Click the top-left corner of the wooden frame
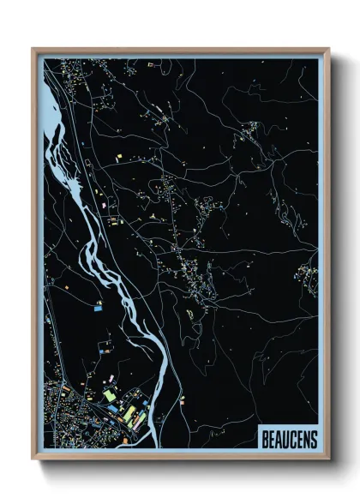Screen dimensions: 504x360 (x=33, y=49)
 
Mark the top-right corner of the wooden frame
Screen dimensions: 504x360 (x=328, y=49)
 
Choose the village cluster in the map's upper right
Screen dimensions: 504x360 (x=252, y=129)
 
